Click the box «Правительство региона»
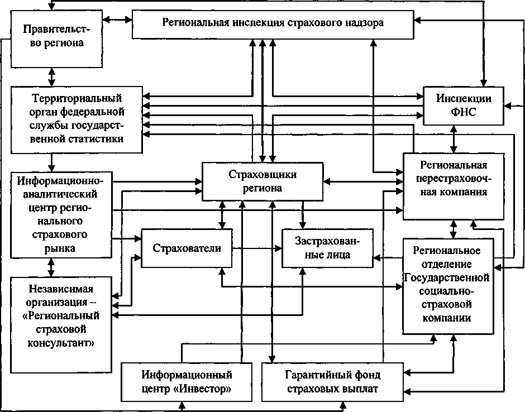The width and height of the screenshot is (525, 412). (x=56, y=39)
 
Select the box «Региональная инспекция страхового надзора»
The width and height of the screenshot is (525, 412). (x=273, y=25)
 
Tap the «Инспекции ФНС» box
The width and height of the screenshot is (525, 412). (x=464, y=106)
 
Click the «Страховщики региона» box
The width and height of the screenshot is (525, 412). (x=262, y=182)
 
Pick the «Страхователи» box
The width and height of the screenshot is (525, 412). (x=187, y=248)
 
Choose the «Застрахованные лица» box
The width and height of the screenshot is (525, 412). (x=327, y=248)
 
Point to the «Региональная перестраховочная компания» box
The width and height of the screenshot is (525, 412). (x=454, y=186)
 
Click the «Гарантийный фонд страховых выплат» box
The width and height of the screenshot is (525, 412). (x=332, y=382)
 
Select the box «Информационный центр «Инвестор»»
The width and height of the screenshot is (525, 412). (x=186, y=382)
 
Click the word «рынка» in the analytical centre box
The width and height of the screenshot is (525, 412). (x=60, y=248)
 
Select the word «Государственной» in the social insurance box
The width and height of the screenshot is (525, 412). (x=447, y=277)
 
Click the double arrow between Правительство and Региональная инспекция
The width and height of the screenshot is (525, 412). (x=117, y=20)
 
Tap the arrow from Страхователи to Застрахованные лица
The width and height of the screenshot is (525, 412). (x=257, y=248)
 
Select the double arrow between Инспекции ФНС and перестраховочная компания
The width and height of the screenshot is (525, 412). (x=454, y=139)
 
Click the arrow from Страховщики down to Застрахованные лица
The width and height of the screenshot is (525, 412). (x=303, y=215)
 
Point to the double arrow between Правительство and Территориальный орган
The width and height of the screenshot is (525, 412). (x=51, y=77)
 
